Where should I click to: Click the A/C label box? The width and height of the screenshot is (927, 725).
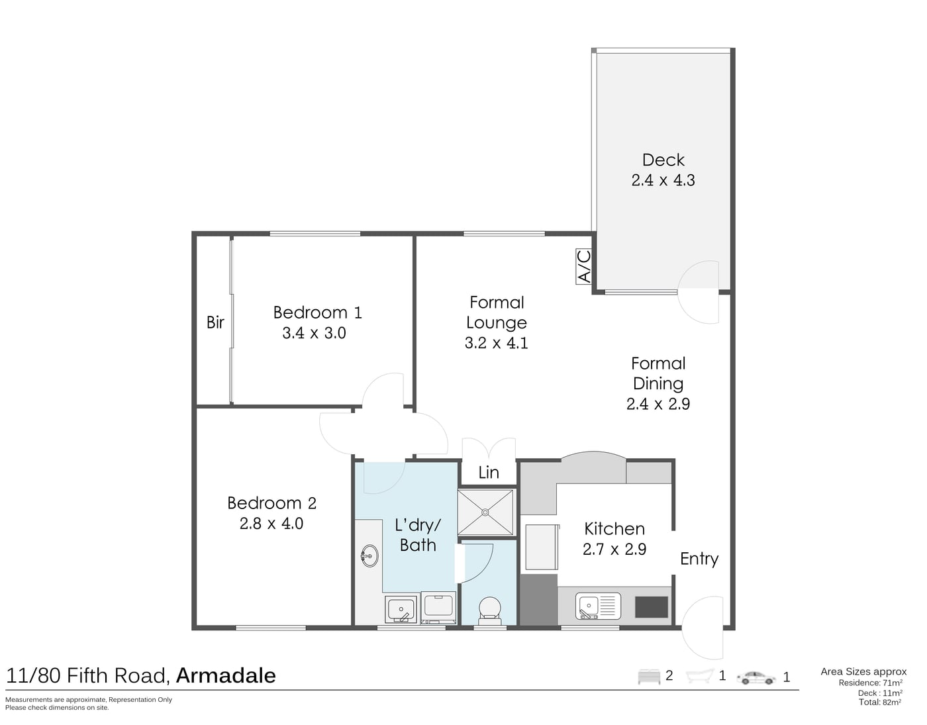583,267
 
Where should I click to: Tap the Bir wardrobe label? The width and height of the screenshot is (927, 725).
215,322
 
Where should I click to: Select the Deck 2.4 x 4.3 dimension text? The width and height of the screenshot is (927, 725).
663,180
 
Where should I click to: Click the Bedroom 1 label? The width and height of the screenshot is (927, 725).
317,313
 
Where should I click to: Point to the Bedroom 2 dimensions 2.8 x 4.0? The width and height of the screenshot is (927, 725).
271,523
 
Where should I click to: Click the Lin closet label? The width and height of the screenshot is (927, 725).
489,473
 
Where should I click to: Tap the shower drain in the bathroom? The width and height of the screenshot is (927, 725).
485,512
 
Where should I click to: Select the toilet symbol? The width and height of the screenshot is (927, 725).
490,610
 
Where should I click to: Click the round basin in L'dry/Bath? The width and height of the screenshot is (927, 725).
369,556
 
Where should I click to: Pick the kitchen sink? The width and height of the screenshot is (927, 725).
598,606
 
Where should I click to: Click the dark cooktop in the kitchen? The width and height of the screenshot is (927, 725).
652,607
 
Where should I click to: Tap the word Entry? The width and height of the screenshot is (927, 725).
699,559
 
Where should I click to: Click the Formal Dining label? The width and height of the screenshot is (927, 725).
658,373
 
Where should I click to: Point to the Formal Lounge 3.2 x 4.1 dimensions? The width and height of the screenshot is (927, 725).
496,343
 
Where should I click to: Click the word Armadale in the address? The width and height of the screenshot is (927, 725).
226,675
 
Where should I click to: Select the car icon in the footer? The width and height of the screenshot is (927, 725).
757,677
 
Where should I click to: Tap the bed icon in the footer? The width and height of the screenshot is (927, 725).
650,677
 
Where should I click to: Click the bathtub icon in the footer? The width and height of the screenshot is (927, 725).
700,676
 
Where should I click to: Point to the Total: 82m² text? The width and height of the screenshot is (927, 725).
879,702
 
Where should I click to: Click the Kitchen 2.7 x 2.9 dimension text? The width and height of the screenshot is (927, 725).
614,550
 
